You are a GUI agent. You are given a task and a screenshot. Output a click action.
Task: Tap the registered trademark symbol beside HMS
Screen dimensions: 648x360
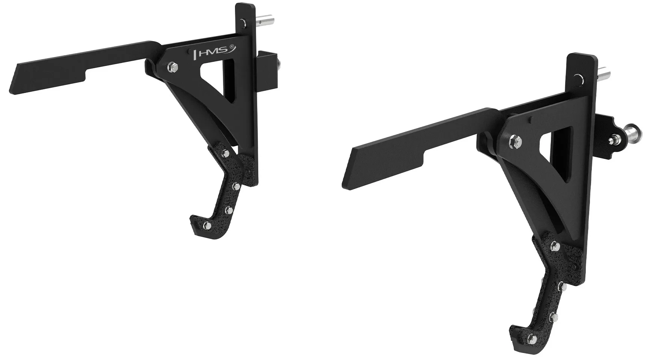point(232,47)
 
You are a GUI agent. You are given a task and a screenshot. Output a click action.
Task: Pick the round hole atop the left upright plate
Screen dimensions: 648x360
point(244,22)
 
